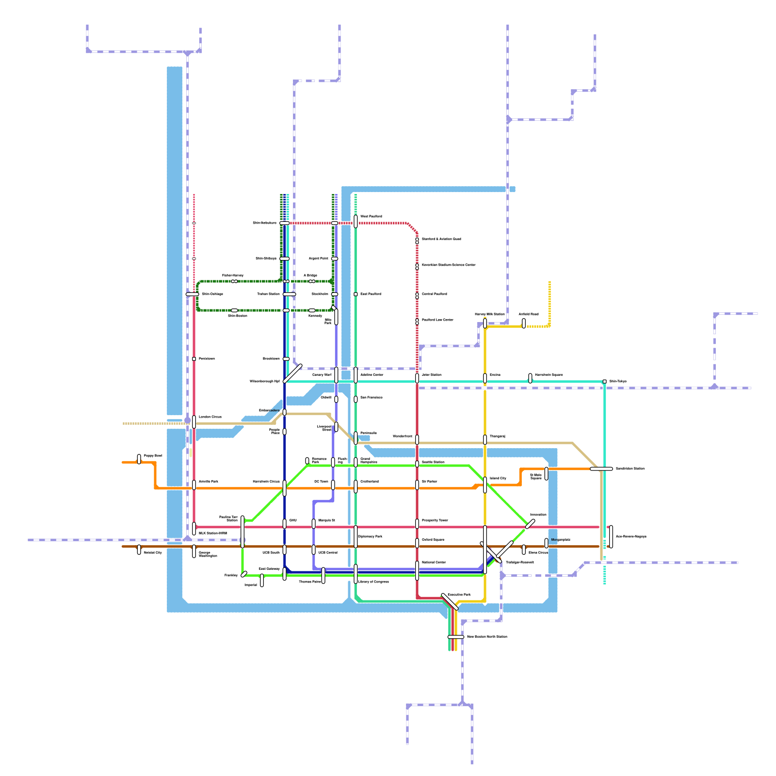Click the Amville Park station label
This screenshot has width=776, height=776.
(x=208, y=482)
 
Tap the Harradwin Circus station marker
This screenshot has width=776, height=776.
(x=285, y=488)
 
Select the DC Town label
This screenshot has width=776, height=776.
(x=321, y=482)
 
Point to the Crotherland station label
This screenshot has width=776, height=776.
(x=370, y=482)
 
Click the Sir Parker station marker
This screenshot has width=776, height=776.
(x=417, y=485)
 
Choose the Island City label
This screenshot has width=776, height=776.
(x=498, y=478)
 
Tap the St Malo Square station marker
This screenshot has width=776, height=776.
(x=547, y=473)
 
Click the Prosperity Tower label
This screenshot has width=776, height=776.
(x=435, y=520)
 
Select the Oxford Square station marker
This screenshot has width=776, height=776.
(x=417, y=543)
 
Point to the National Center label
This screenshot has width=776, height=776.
(x=434, y=563)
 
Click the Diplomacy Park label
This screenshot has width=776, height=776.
(x=370, y=536)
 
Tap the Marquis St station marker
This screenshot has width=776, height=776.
(x=314, y=523)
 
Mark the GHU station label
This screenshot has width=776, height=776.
(x=293, y=520)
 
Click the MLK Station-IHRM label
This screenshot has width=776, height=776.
(x=212, y=533)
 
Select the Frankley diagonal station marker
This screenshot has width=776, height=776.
(x=244, y=574)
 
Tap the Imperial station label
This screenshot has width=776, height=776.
(x=251, y=585)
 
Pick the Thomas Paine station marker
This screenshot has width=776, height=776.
(x=323, y=575)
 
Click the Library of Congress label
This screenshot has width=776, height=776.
(x=373, y=582)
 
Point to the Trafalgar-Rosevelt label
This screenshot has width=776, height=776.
(x=519, y=563)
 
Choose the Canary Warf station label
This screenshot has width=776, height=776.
(x=322, y=375)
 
